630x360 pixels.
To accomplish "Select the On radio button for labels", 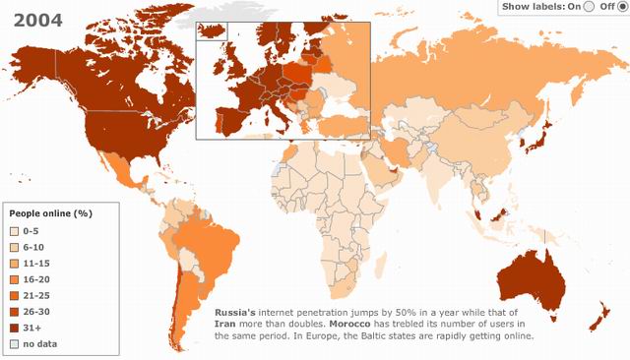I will (x=589, y=6).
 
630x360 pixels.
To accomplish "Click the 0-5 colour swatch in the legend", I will (x=16, y=230).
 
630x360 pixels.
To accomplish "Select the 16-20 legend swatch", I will (x=16, y=279).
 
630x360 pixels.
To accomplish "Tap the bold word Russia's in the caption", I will (x=237, y=311).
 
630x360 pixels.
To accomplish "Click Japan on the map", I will (x=536, y=139).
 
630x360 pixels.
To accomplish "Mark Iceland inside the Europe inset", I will (x=212, y=30).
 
